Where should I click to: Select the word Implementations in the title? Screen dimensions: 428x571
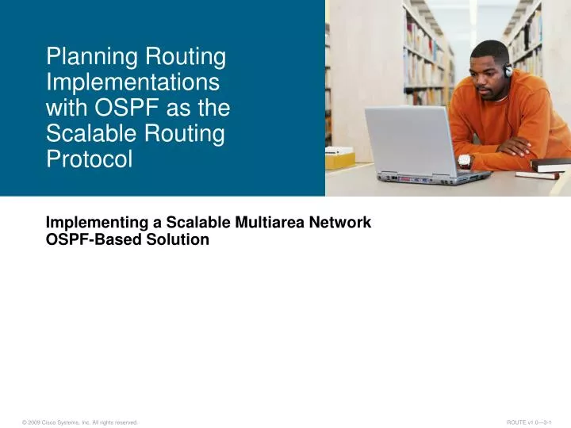click(133, 83)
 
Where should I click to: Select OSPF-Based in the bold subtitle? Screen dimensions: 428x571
click(89, 240)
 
